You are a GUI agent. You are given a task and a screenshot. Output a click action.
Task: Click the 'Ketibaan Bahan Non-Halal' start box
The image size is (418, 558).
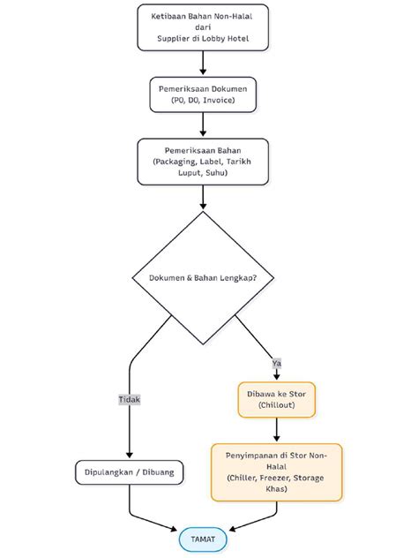pos(203,26)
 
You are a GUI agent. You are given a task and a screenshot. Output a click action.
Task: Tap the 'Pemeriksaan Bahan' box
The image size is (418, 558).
pos(203,161)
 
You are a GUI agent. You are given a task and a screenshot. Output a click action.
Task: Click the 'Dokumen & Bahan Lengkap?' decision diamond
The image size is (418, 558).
pos(203,278)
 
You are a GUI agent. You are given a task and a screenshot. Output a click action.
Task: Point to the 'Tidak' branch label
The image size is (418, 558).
pos(130,399)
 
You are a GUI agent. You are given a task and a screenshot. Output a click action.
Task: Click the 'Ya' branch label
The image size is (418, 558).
pos(277,362)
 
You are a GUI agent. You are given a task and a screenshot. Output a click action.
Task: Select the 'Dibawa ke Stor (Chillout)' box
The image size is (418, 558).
pos(277,398)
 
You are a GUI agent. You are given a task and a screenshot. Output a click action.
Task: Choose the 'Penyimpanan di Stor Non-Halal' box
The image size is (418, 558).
pos(277,471)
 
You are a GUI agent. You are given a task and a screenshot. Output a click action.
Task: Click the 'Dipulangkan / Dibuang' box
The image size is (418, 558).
pos(130,472)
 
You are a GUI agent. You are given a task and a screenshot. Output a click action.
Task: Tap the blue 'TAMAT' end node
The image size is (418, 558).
pos(203,539)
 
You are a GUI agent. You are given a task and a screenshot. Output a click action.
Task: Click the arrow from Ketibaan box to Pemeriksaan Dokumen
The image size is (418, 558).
pos(203,64)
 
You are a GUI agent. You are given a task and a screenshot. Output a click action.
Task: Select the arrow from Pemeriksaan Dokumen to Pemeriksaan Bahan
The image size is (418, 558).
pos(203,126)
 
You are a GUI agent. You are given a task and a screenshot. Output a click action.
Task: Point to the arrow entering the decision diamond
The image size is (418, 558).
pos(203,199)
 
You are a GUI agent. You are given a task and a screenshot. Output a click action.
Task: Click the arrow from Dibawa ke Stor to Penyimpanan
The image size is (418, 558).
pos(277,430)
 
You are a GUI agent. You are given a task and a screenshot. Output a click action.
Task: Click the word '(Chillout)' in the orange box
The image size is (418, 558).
pos(277,405)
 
